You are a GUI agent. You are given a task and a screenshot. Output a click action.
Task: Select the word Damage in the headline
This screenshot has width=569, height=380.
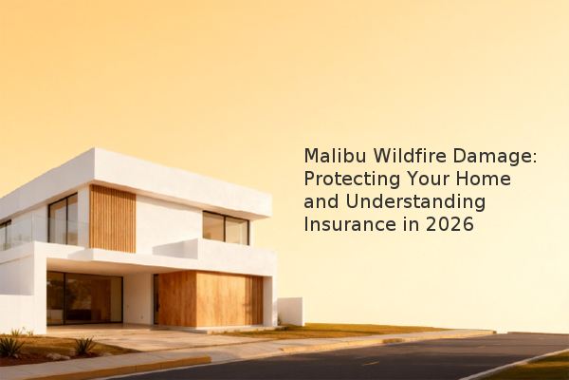coord(492,157)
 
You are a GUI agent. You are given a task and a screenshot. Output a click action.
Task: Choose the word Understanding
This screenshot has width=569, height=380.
coord(415,202)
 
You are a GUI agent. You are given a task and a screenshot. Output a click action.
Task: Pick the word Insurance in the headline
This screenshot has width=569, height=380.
coord(349,224)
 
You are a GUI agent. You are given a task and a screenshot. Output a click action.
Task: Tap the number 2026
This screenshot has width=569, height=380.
coord(450,224)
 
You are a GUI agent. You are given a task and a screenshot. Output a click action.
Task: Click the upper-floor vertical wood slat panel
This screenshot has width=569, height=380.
coord(113,218)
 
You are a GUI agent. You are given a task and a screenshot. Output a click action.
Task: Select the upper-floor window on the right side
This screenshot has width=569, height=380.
coord(226,228)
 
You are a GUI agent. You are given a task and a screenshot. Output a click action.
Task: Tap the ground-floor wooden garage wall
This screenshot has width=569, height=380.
coord(211,298)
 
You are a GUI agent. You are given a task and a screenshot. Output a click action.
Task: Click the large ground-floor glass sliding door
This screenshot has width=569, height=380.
coord(84,297)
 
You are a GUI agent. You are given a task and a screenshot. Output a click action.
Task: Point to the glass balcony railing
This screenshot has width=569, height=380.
coord(44,231)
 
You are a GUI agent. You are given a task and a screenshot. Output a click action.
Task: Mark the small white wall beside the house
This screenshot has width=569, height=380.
coord(291,312)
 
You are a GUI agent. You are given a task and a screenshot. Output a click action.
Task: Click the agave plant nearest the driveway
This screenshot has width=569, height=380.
coord(85,346)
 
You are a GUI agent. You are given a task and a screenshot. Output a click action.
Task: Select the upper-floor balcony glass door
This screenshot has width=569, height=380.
coord(63,219)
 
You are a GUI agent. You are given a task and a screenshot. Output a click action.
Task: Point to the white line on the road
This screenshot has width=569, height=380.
coord(515,364)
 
